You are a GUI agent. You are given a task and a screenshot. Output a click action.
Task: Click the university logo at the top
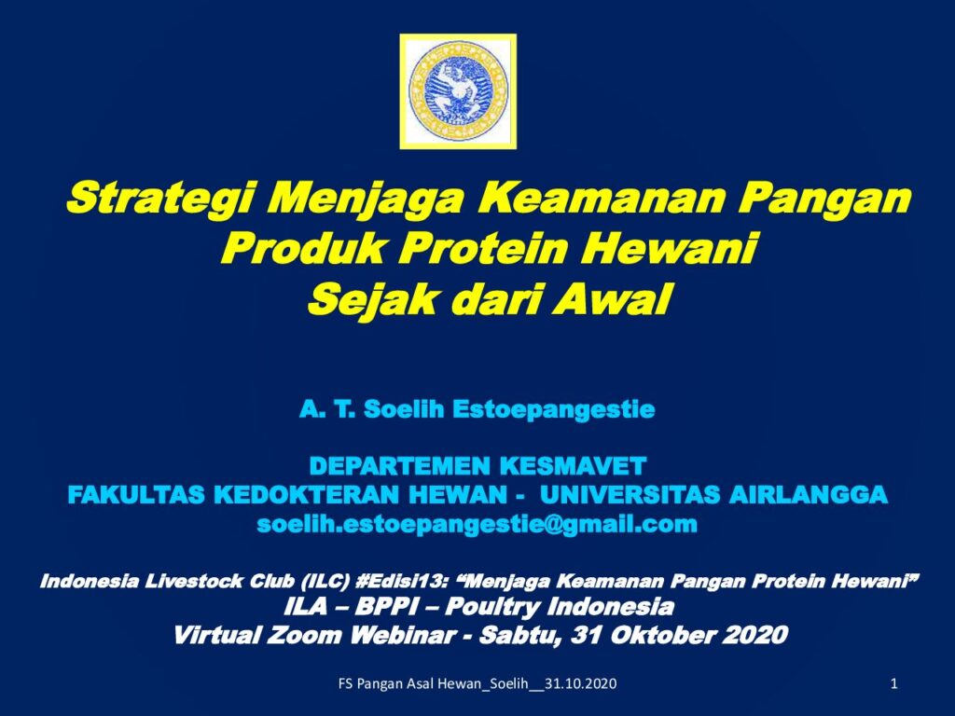(x=458, y=91)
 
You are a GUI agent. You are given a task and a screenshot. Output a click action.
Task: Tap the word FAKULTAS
(x=136, y=494)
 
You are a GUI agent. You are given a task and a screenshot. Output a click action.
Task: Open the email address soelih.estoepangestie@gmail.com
(x=477, y=524)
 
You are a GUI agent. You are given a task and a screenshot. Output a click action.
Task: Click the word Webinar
(x=402, y=635)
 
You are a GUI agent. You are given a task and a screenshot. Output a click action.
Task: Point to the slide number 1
(x=894, y=683)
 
